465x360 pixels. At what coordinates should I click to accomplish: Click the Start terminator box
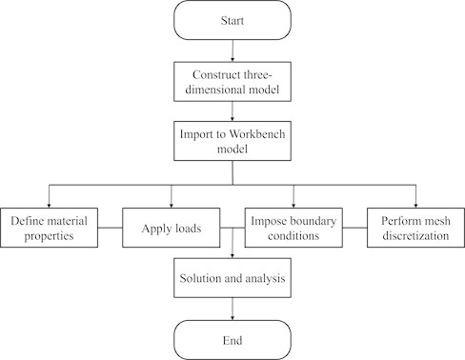click(x=232, y=20)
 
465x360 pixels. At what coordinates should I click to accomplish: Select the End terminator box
click(x=232, y=340)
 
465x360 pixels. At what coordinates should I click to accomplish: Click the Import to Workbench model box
click(x=232, y=142)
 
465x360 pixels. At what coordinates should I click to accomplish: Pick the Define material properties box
click(x=49, y=229)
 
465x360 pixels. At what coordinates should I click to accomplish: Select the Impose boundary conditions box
click(x=293, y=229)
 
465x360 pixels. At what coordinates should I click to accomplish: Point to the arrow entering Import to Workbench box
click(x=232, y=110)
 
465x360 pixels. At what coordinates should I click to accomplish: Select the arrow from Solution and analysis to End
click(x=232, y=309)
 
